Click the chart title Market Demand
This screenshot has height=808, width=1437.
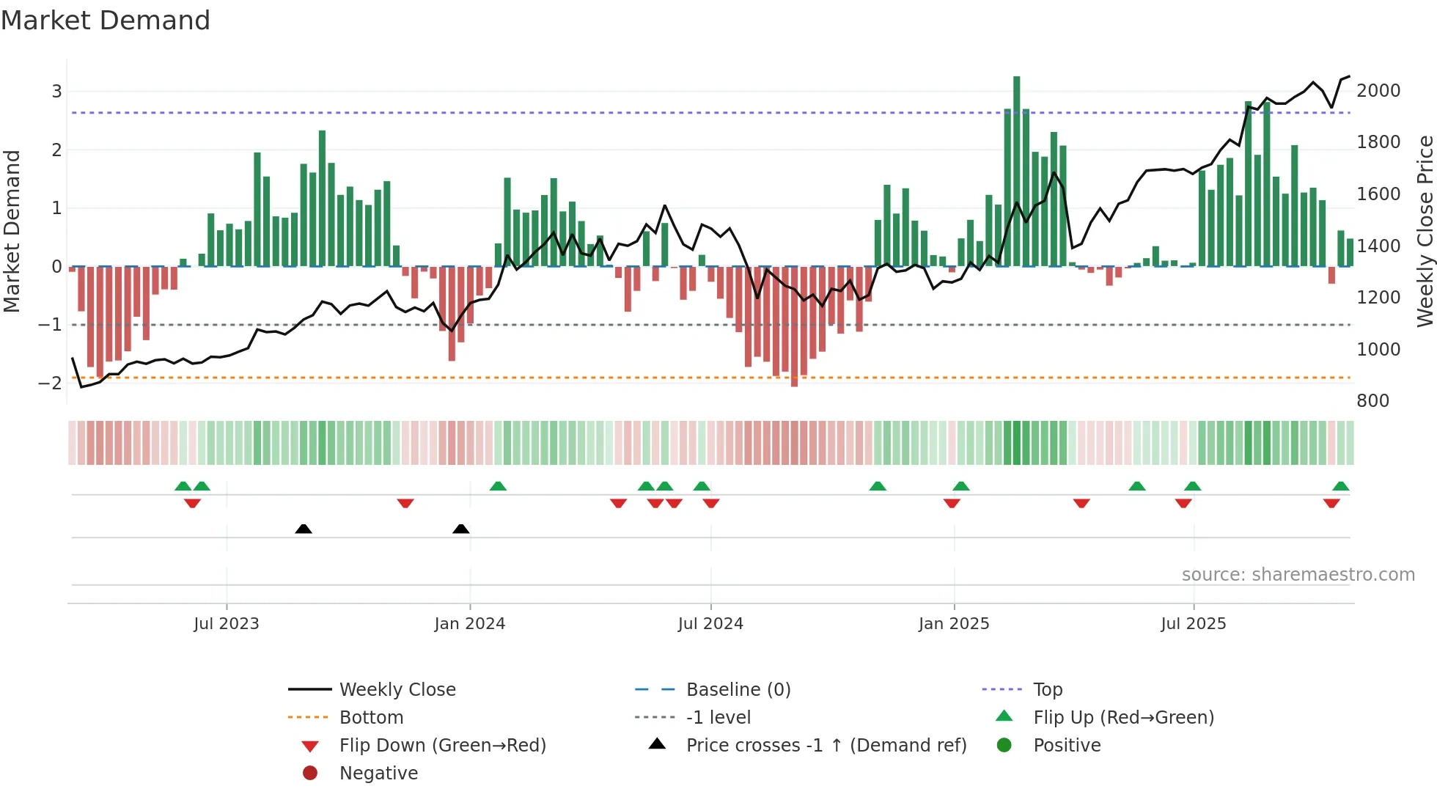click(106, 21)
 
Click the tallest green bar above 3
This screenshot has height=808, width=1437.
click(1016, 170)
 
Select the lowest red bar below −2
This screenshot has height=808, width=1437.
click(794, 326)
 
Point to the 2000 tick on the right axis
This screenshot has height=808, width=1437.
click(1378, 91)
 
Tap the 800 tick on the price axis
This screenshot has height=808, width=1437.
click(1372, 401)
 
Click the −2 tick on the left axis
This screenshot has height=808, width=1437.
click(50, 383)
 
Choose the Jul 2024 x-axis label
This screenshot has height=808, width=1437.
click(710, 624)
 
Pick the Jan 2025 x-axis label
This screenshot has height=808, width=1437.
click(953, 624)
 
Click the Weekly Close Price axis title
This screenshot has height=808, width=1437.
click(1425, 231)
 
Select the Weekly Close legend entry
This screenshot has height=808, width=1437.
click(397, 690)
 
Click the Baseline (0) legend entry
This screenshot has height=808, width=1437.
click(738, 690)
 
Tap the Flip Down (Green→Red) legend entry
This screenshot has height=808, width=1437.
click(442, 746)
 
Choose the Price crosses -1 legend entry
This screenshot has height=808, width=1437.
click(826, 746)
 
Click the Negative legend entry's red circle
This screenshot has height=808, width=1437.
click(310, 774)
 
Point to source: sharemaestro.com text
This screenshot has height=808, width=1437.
click(1298, 575)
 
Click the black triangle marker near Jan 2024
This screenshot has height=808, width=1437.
click(460, 529)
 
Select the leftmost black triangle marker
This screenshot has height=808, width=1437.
click(304, 529)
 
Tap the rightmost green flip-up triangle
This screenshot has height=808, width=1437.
click(1340, 486)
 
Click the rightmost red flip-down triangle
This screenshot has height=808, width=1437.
click(1331, 503)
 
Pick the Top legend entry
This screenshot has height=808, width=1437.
click(1047, 690)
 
